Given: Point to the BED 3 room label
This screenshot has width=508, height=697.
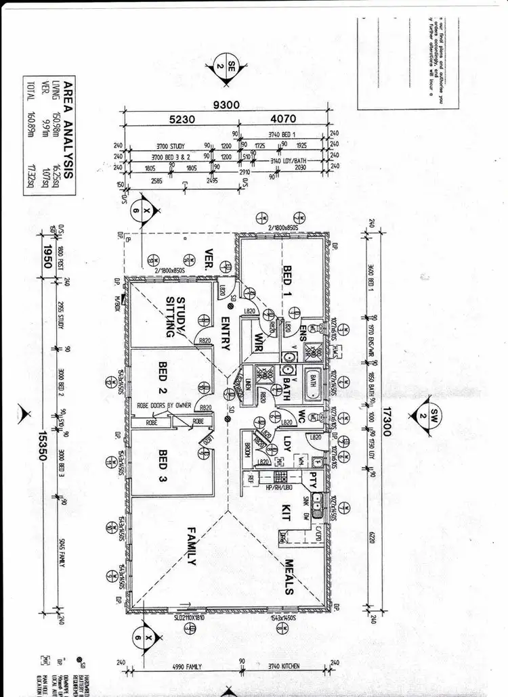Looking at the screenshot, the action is click(163, 466).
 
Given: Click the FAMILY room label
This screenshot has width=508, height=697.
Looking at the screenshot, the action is click(192, 546).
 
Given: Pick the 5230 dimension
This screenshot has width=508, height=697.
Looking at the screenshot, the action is click(183, 119).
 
